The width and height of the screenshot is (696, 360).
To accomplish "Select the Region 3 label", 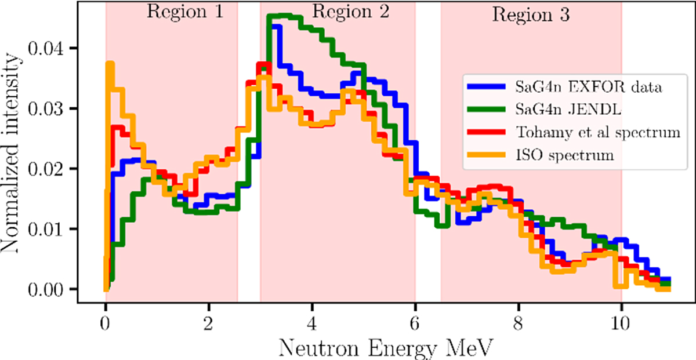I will [x=531, y=14].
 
